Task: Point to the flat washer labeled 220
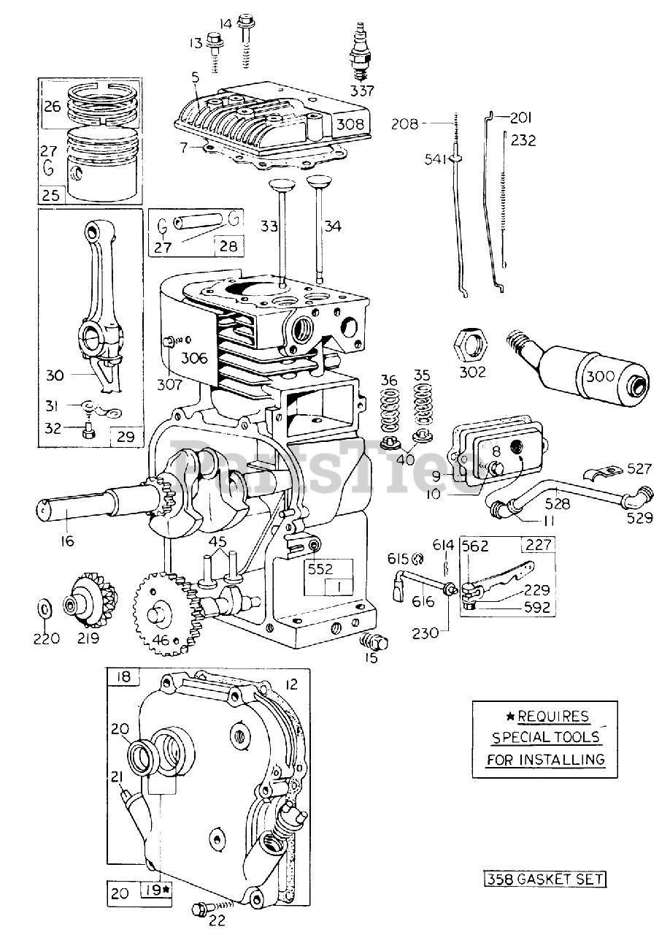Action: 44,608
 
